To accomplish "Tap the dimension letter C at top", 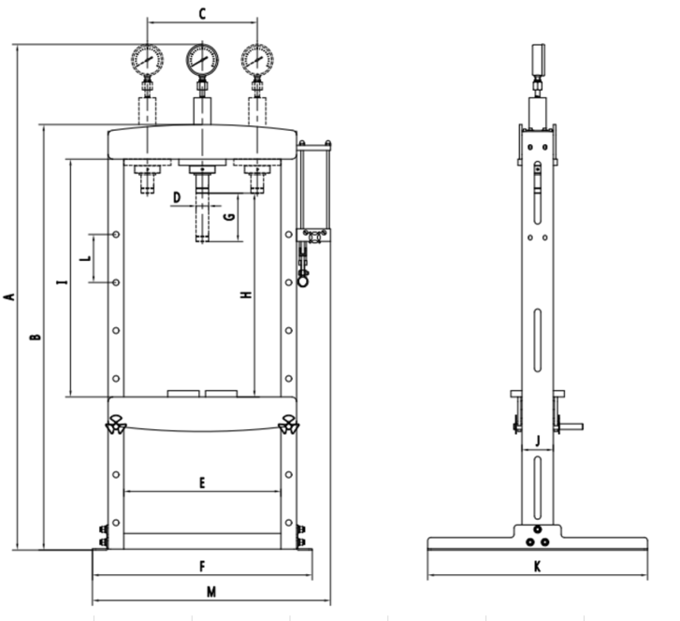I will click(x=201, y=13).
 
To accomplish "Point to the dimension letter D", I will click(x=176, y=196).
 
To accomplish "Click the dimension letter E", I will click(x=202, y=484).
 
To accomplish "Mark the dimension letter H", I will click(x=245, y=296).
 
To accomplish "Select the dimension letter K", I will click(x=537, y=566).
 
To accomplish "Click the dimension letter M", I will click(x=211, y=591).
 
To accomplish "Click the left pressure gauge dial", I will click(x=147, y=60).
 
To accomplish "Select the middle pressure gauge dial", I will click(x=201, y=59).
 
